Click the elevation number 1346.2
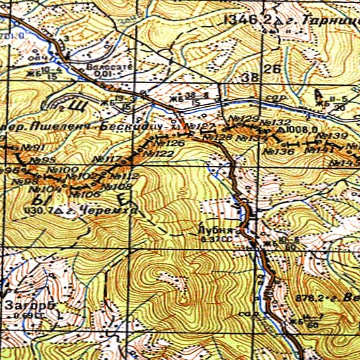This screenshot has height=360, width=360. pyautogui.click(x=245, y=20)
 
